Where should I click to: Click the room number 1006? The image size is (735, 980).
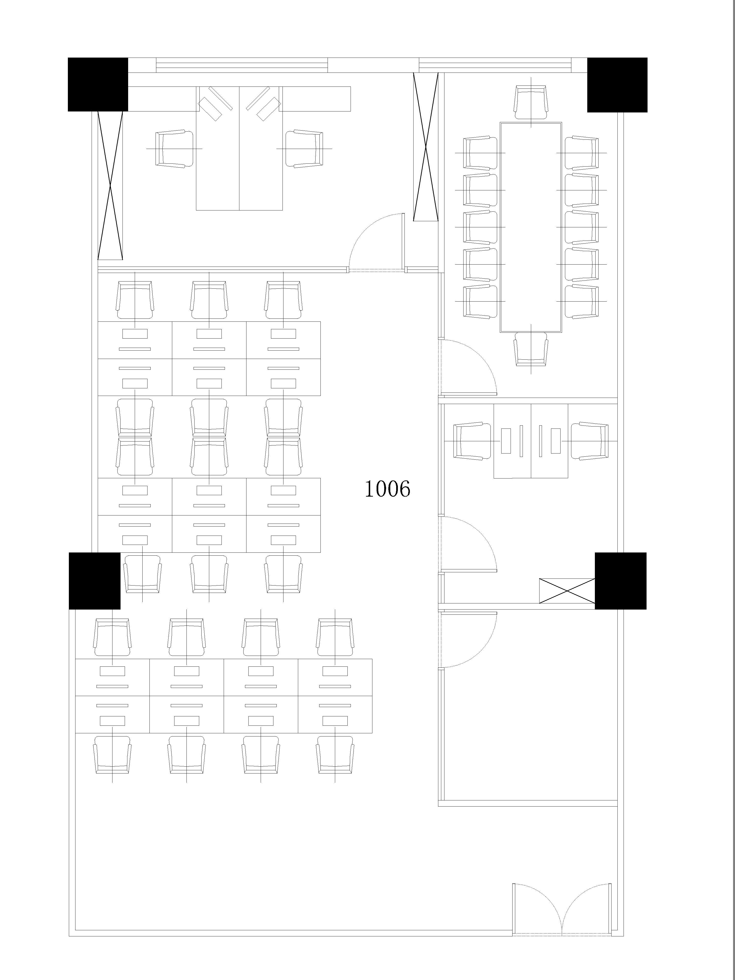coord(387,489)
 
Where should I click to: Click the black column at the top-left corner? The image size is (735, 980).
coord(98,84)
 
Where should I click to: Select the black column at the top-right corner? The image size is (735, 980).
coord(617,85)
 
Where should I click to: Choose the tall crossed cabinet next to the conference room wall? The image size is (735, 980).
coord(426,147)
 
